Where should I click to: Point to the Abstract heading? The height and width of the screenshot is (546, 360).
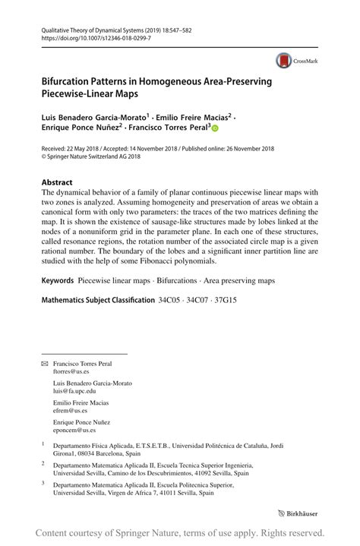57,183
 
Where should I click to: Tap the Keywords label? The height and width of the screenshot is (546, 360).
57,281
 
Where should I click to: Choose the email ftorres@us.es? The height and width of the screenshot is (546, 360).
71,374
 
